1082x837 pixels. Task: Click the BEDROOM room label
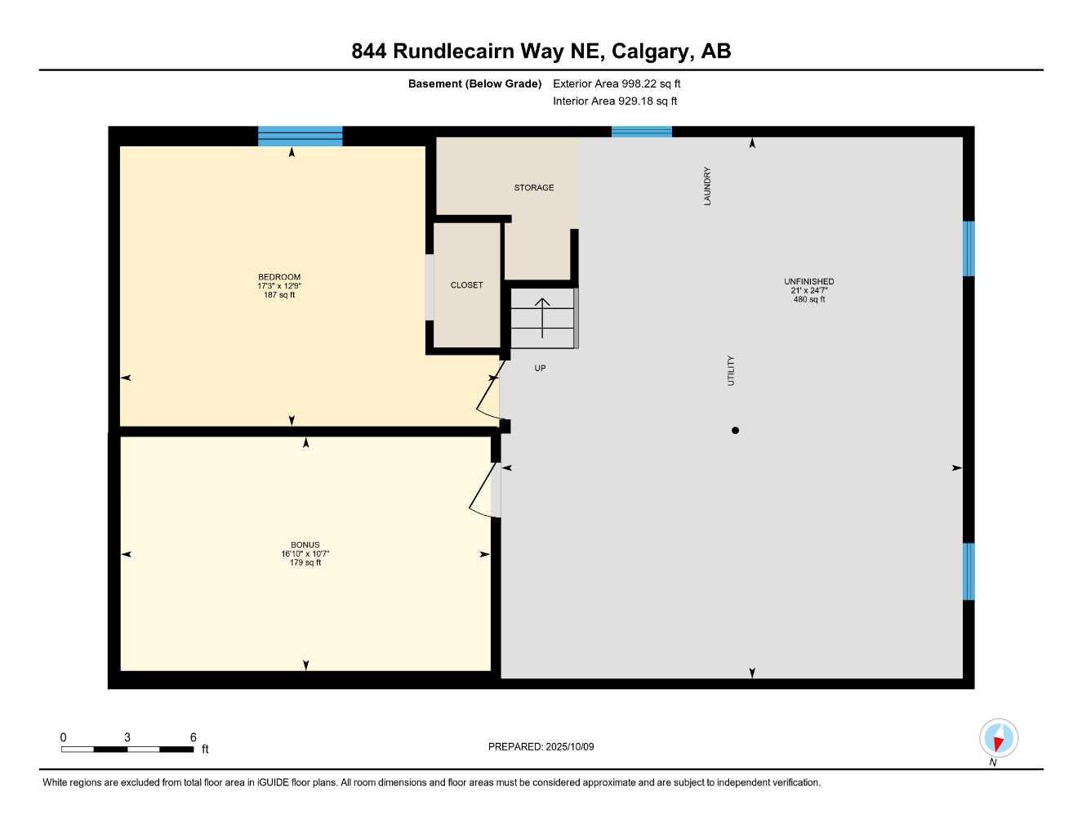coord(279,277)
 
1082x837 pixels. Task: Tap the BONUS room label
coord(305,545)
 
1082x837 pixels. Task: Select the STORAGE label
coord(534,188)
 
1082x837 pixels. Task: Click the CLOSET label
coord(466,285)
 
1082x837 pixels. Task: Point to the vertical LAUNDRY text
coord(707,186)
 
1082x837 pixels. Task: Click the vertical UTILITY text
coord(731,370)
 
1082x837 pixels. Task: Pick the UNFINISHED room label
coord(808,282)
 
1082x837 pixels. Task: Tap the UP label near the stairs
coord(540,369)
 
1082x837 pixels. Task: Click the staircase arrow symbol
coord(542,317)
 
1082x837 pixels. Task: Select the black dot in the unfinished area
coord(735,431)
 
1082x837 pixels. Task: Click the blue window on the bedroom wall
coord(300,136)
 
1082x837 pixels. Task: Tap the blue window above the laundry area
coord(641,132)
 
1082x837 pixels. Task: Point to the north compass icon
coord(998,738)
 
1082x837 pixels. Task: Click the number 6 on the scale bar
coord(193,737)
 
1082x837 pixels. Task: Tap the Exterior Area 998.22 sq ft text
coord(617,83)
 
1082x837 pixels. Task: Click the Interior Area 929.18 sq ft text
coord(615,101)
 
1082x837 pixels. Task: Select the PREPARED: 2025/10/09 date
coord(541,747)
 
